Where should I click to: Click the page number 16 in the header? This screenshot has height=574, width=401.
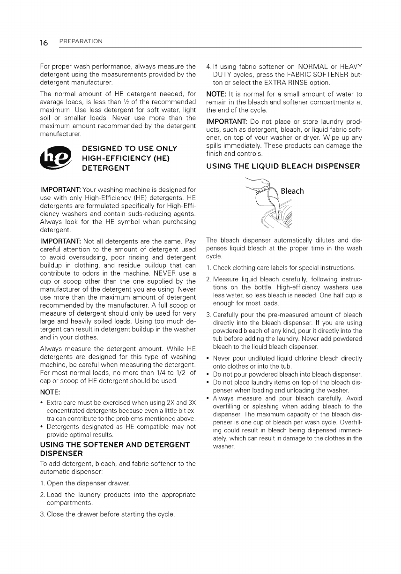tap(44, 43)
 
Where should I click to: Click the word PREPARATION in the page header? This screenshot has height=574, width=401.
tap(81, 42)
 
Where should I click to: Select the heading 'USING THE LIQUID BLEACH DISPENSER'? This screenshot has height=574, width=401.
tap(283, 166)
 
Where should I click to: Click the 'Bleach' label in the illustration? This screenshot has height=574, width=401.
tap(292, 191)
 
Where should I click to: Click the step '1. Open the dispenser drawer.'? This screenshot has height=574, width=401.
tap(86, 483)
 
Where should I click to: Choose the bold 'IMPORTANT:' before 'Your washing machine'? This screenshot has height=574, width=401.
tap(60, 190)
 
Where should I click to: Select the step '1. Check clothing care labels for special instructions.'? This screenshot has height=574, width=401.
tap(281, 268)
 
